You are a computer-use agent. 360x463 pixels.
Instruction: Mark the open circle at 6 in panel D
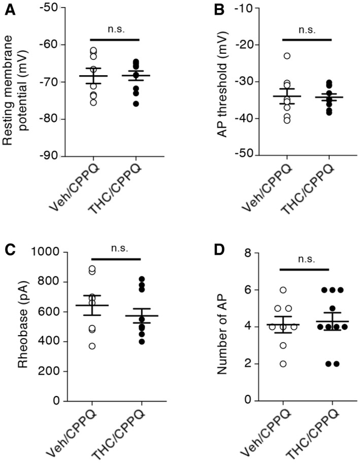(283, 290)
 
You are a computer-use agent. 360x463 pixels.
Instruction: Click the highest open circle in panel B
(287, 56)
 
